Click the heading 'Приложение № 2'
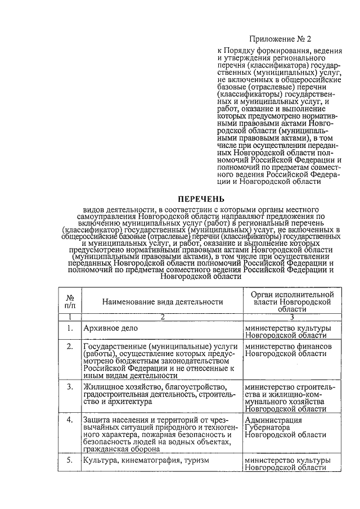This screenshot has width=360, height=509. pyautogui.click(x=280, y=39)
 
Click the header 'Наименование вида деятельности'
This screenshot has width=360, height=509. pyautogui.click(x=163, y=302)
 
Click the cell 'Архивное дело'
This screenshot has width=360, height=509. pyautogui.click(x=110, y=328)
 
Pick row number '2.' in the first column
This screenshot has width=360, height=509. pyautogui.click(x=70, y=347)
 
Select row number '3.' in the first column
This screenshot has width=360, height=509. pyautogui.click(x=70, y=387)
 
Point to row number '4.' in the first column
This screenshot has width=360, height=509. pyautogui.click(x=70, y=420)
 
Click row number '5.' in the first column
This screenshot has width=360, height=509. pyautogui.click(x=70, y=460)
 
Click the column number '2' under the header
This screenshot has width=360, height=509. pyautogui.click(x=162, y=317)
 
